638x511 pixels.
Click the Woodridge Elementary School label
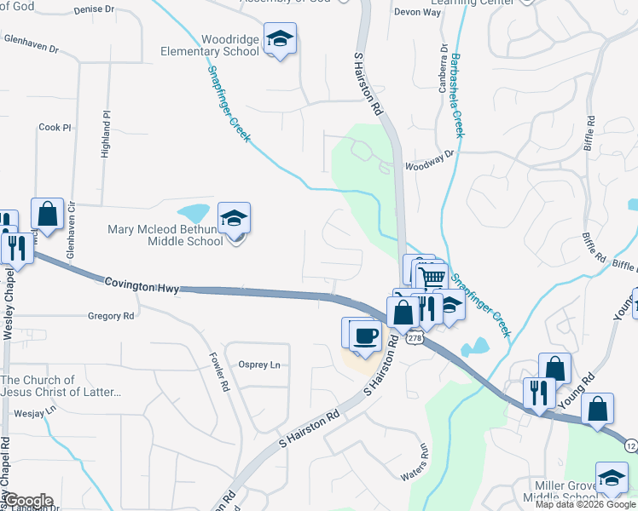pos(210,45)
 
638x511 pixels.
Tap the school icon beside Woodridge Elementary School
pos(279,39)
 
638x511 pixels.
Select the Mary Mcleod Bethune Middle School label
pos(165,234)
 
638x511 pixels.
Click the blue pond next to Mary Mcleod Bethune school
pos(194,212)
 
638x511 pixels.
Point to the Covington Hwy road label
pos(142,284)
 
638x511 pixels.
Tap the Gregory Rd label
pos(111,316)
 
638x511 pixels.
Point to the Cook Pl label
pos(55,127)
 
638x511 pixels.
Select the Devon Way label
pos(417,13)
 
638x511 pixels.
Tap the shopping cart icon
pos(433,276)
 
